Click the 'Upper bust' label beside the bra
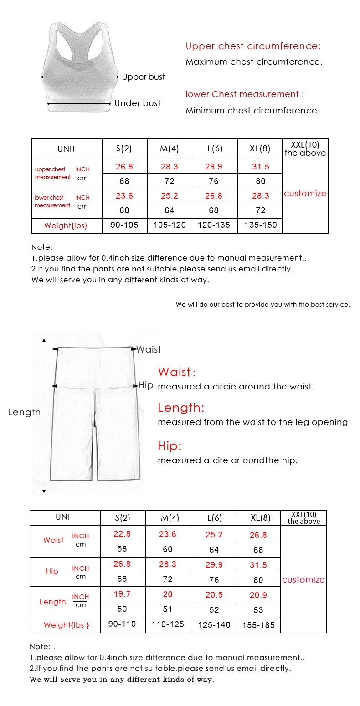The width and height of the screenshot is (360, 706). pyautogui.click(x=143, y=77)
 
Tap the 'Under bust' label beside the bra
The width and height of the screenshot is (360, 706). pyautogui.click(x=138, y=103)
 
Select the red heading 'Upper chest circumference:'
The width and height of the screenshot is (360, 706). pyautogui.click(x=253, y=46)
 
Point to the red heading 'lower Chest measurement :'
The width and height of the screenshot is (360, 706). pyautogui.click(x=245, y=94)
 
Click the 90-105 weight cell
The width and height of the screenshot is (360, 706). pyautogui.click(x=124, y=225)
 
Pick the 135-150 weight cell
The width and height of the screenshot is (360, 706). pyautogui.click(x=260, y=225)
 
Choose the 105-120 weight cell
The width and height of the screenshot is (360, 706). pyautogui.click(x=170, y=225)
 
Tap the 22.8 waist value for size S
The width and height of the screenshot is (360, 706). pyautogui.click(x=122, y=534)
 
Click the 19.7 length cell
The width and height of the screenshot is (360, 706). pyautogui.click(x=122, y=594)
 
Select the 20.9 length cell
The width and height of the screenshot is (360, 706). pyautogui.click(x=258, y=595)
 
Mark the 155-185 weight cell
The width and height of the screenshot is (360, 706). pyautogui.click(x=258, y=625)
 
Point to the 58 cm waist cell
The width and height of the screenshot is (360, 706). pyautogui.click(x=122, y=549)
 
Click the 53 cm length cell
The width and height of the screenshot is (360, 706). pyautogui.click(x=258, y=610)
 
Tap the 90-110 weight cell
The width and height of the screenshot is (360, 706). pyautogui.click(x=122, y=624)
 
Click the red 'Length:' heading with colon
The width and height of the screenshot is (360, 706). pyautogui.click(x=181, y=408)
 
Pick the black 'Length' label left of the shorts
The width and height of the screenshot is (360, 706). pyautogui.click(x=24, y=413)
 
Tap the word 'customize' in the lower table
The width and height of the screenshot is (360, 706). pyautogui.click(x=303, y=580)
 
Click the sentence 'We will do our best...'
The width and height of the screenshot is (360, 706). pyautogui.click(x=263, y=305)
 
